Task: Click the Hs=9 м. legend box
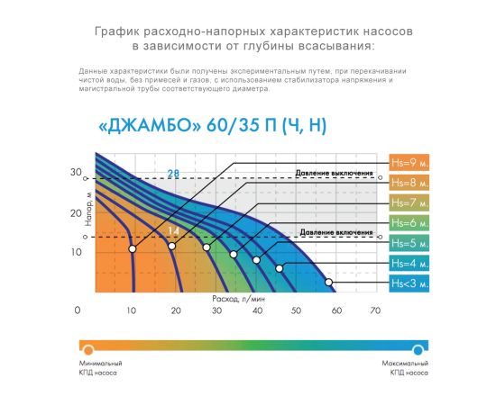(409, 163)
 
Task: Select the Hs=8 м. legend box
(409, 183)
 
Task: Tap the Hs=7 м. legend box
(409, 202)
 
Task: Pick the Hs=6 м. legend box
(409, 223)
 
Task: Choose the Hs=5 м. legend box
(409, 243)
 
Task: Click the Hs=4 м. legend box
(409, 264)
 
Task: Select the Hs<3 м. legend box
(409, 283)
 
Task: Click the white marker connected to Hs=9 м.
(133, 249)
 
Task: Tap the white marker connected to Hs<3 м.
(328, 283)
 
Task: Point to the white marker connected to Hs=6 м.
(234, 255)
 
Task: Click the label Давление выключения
(334, 174)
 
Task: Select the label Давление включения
(336, 232)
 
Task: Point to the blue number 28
(173, 174)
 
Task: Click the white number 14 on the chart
(173, 231)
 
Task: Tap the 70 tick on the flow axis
(375, 310)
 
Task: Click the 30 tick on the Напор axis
(76, 173)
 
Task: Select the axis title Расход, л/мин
(238, 299)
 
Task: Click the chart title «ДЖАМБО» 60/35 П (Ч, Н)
(213, 126)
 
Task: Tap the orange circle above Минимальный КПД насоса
(88, 350)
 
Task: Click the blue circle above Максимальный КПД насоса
(418, 350)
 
